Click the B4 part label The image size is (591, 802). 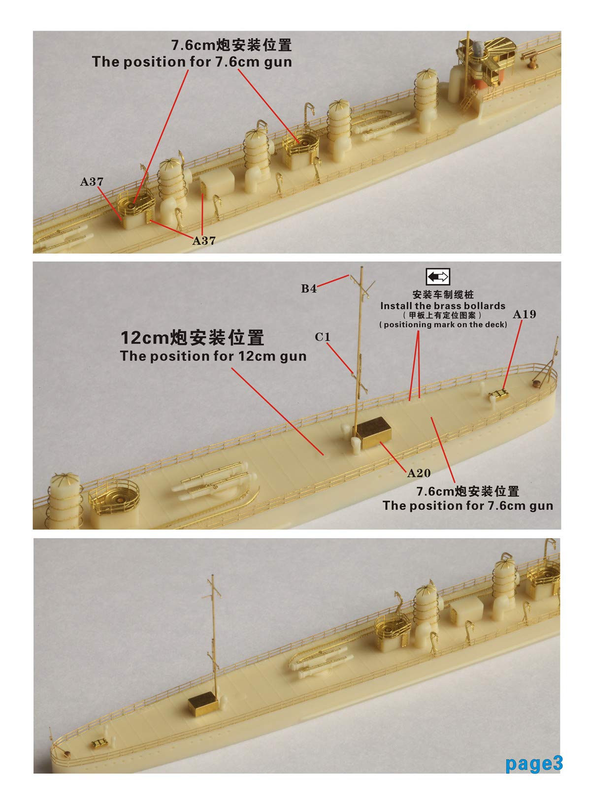coord(309,289)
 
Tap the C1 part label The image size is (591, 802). coord(323,337)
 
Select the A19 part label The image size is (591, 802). coord(524,314)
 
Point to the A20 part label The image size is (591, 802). coord(419,473)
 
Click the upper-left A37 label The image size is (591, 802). coord(92,182)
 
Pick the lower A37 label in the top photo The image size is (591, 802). coord(203,241)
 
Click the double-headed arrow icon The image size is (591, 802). coord(438,277)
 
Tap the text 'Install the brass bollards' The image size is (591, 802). coord(442,306)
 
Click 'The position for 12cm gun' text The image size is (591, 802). coord(213,356)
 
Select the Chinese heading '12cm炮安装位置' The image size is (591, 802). coord(193,338)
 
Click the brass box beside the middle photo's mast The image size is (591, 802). coord(375,432)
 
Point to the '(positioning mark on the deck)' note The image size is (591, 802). coord(443,324)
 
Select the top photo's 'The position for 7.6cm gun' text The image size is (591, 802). coord(192,62)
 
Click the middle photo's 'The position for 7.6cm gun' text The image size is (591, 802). coord(467,505)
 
